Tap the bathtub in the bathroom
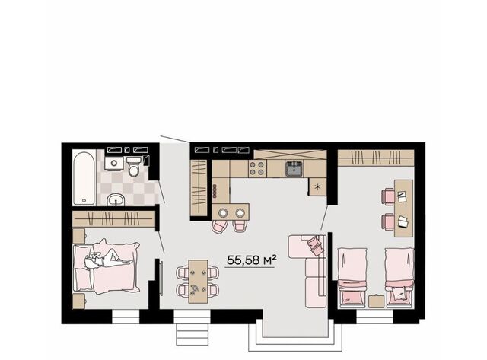[84, 177]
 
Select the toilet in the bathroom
[134, 166]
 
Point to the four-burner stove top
[257, 168]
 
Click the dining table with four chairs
[198, 282]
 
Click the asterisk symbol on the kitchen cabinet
[317, 186]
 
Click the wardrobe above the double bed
[113, 219]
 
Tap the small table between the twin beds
[376, 301]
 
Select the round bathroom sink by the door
[116, 199]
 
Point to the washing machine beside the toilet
[113, 163]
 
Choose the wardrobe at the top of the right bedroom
[376, 158]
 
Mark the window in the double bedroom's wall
[125, 317]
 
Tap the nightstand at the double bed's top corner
[78, 236]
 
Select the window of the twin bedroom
[374, 317]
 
